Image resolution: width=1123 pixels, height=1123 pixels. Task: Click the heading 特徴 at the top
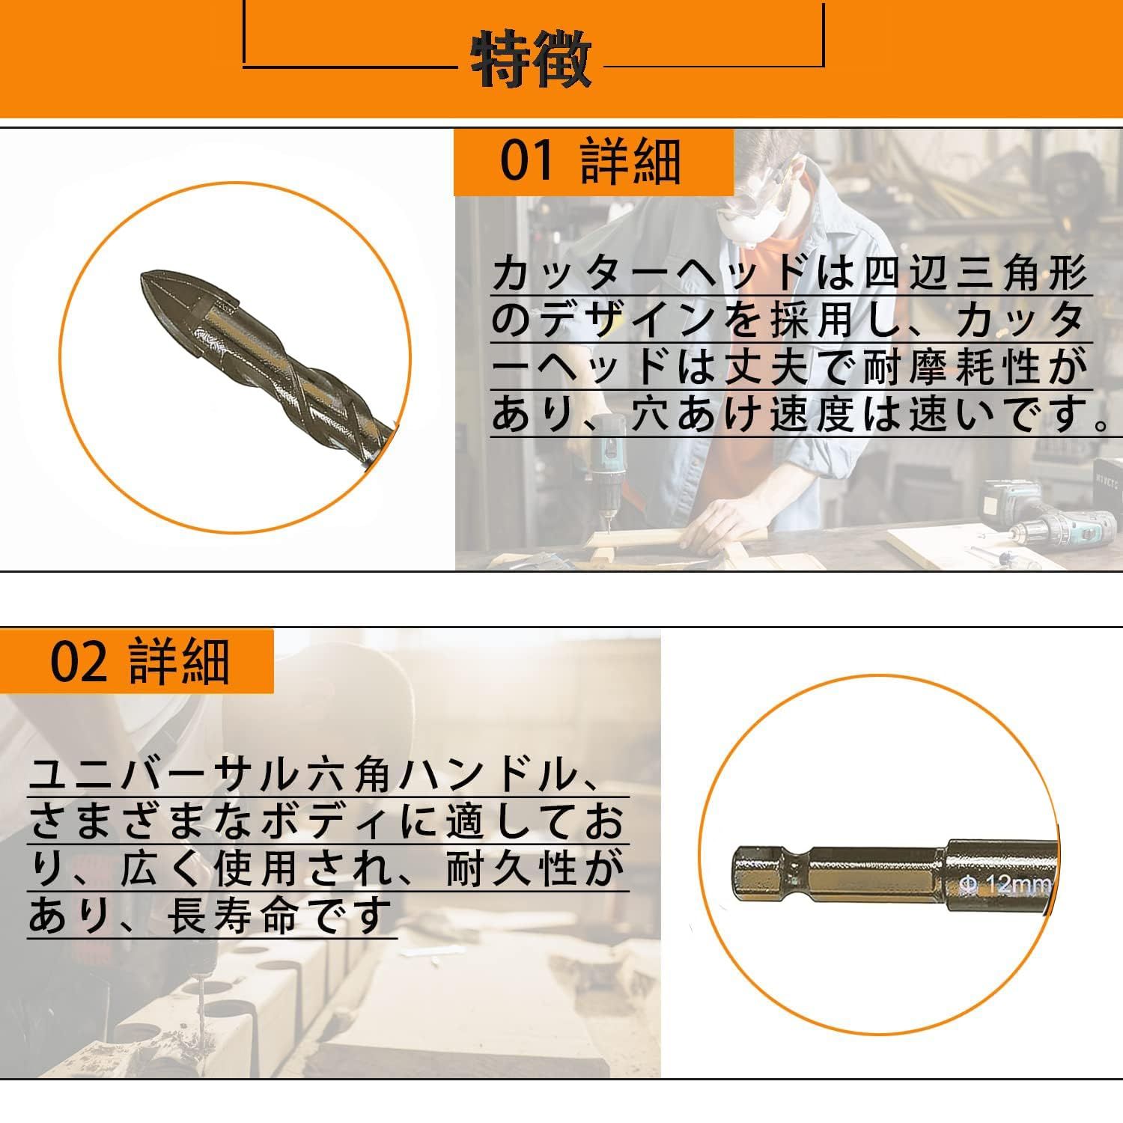[x=531, y=59]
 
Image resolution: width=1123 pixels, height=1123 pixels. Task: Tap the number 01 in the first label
[x=527, y=162]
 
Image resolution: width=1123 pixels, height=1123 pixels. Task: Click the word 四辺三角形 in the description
[x=976, y=276]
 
